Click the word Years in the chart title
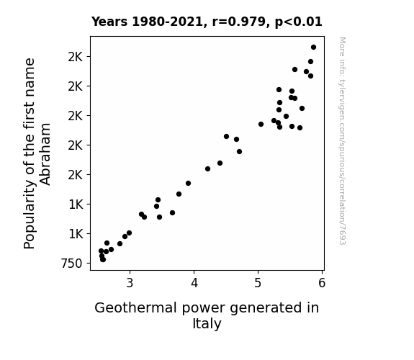pos(109,22)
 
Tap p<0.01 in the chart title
pos(298,22)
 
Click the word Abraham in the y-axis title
pos(45,154)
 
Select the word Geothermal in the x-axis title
pos(135,308)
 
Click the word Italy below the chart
pos(207,324)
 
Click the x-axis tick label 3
pos(130,283)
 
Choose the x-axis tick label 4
pos(194,283)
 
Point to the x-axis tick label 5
pos(258,283)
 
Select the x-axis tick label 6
pos(322,283)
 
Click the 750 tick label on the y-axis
pos(72,264)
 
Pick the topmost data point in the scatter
pos(313,48)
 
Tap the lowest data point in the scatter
pos(103,260)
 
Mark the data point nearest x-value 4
pos(188,184)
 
